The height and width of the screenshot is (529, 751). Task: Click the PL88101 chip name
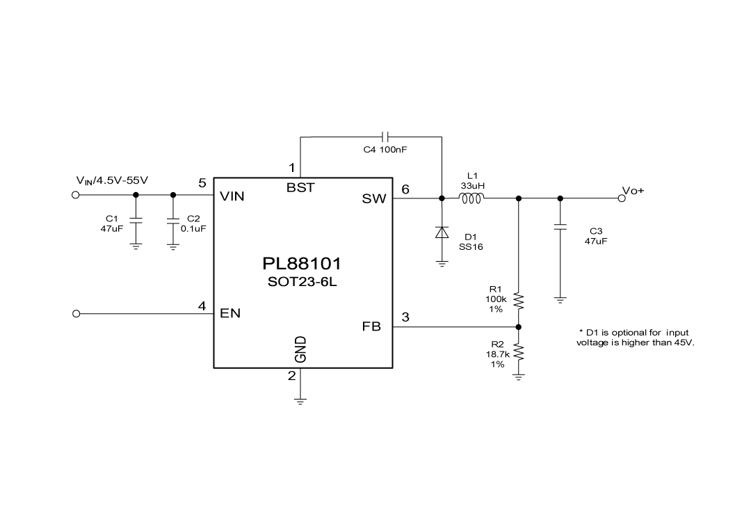point(302,264)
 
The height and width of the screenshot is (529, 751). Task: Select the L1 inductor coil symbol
point(471,199)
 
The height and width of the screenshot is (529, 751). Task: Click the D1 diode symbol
point(442,232)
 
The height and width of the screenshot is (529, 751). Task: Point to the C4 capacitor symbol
point(387,136)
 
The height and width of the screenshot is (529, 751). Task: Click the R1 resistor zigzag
point(518,301)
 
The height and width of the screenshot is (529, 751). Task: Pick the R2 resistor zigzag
point(518,354)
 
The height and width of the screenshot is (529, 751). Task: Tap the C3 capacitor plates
point(560,226)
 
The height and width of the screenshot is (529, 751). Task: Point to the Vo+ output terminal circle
point(622,198)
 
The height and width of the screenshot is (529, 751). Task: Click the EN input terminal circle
point(76,314)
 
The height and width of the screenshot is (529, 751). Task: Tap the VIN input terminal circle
point(76,195)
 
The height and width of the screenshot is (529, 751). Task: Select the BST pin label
point(300,188)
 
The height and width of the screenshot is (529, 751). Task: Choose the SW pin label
point(373,199)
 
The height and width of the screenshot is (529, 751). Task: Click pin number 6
point(406,189)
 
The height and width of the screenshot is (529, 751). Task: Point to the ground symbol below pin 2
point(300,400)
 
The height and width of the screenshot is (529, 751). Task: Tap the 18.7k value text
point(497,354)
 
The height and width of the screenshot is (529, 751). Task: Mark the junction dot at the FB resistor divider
point(518,326)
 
